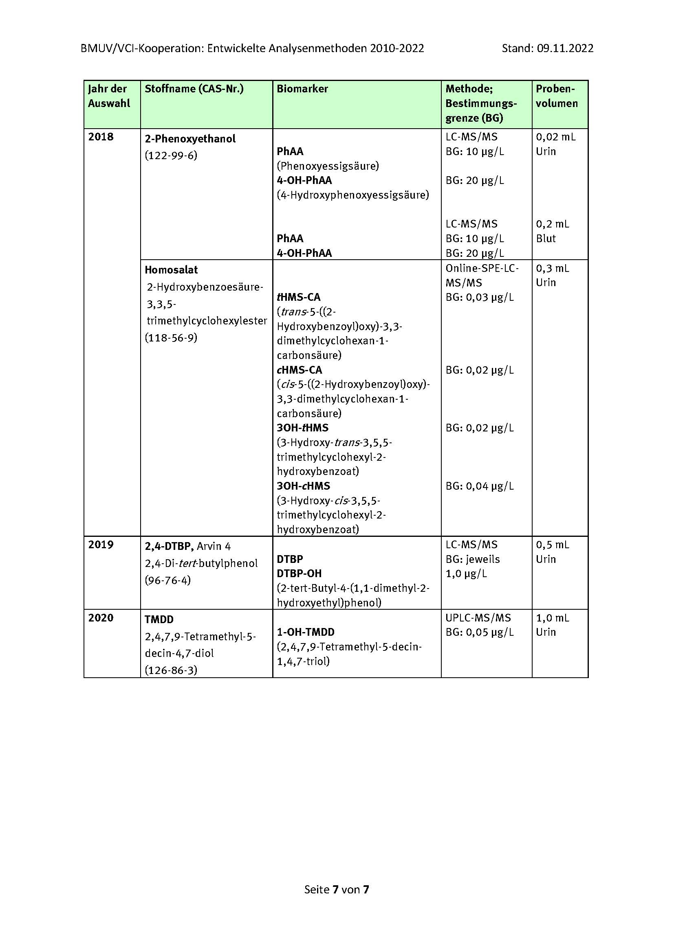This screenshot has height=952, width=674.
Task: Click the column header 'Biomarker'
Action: click(302, 89)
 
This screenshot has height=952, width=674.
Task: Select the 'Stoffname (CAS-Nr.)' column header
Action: click(194, 89)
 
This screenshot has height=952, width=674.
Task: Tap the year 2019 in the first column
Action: click(101, 545)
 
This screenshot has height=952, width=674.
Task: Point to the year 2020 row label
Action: click(101, 617)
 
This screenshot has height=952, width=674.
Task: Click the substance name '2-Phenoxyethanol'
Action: click(190, 138)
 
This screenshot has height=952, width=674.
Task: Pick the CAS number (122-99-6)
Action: click(171, 155)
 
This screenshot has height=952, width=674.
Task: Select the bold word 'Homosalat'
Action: click(171, 269)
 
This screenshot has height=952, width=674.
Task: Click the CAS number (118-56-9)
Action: click(171, 337)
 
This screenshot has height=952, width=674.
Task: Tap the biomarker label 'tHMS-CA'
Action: click(298, 297)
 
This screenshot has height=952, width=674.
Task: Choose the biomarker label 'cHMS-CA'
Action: click(299, 370)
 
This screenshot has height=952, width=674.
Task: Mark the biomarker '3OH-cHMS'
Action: click(304, 486)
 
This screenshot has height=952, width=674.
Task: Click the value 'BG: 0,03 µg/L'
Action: click(479, 297)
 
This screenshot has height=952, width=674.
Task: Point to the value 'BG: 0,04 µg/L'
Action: click(479, 486)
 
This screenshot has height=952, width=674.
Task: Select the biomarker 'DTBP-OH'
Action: click(299, 573)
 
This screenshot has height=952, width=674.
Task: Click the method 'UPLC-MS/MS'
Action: click(478, 617)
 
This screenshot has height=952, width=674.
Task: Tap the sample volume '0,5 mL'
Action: click(553, 545)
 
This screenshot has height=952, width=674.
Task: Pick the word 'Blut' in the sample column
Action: click(546, 239)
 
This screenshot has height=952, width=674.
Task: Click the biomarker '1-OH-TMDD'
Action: click(306, 632)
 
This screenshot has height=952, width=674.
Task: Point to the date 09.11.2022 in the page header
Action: click(565, 48)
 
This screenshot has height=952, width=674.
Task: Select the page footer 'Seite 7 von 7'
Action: click(337, 889)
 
